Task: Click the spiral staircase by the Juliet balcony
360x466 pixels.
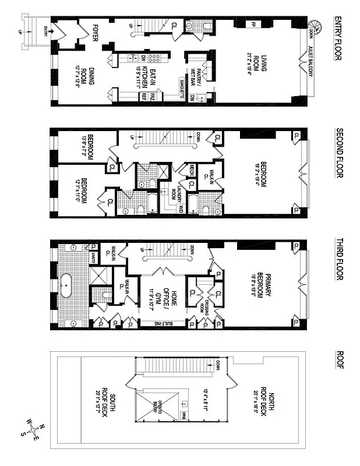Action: point(315,26)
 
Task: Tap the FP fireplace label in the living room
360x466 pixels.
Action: point(253,24)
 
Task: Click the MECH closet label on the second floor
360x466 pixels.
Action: point(190,170)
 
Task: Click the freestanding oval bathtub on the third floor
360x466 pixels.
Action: point(67,285)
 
